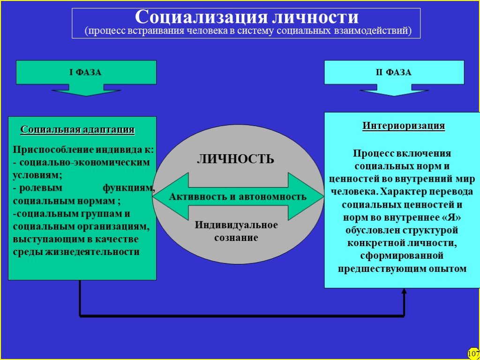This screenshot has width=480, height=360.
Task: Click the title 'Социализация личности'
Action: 247,17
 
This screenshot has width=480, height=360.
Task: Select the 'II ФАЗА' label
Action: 394,73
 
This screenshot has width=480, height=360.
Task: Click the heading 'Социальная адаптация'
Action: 77,129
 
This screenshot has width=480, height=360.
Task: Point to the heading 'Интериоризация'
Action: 404,126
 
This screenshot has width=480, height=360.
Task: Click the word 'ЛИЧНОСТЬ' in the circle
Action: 235,159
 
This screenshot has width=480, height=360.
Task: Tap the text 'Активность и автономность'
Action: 238,196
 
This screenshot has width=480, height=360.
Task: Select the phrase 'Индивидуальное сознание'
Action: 236,231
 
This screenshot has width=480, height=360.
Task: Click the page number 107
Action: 473,353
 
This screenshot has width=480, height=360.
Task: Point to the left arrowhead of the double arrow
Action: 154,196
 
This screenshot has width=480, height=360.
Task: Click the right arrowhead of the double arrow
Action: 322,196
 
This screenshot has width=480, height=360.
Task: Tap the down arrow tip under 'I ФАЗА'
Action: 86,96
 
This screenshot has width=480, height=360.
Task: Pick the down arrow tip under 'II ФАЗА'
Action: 394,96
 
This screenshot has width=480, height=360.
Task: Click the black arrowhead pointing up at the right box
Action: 404,291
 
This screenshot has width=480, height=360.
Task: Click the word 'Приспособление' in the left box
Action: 53,150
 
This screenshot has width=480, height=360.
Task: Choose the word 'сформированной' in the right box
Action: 402,255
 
